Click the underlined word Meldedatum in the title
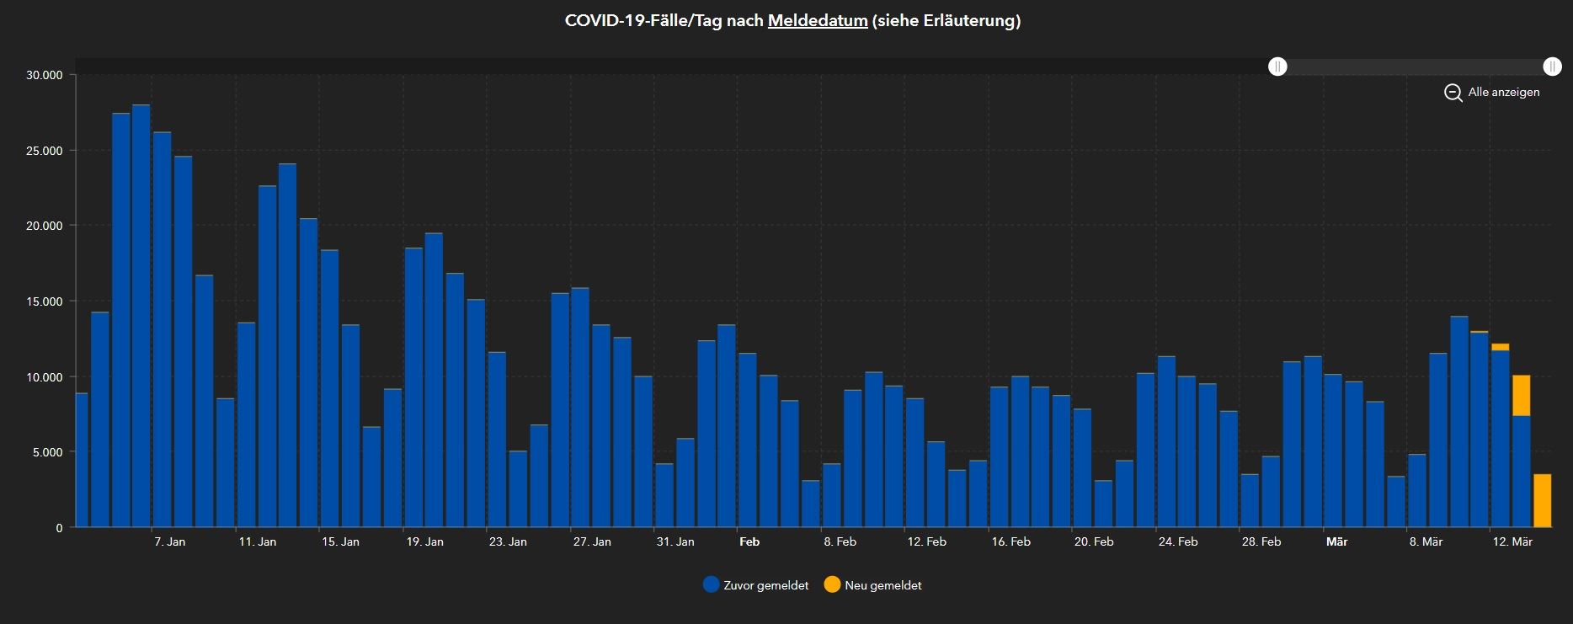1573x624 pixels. pos(817,21)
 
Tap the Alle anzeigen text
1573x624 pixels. pos(1503,93)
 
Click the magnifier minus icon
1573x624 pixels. pos(1453,93)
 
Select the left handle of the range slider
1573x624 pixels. pos(1277,67)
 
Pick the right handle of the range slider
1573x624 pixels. pos(1552,67)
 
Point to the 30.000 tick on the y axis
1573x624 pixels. pos(45,75)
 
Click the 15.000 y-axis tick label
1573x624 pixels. pos(45,301)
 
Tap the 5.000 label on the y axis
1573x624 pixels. pos(47,452)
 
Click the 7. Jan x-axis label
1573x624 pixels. pos(169,541)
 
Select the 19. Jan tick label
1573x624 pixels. pos(424,541)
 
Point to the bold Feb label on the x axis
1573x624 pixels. pos(749,541)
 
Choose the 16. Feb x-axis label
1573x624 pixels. pos(1010,541)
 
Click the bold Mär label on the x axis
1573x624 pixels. pos(1336,541)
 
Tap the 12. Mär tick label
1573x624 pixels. pos(1512,541)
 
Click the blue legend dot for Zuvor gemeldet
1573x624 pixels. pos(711,585)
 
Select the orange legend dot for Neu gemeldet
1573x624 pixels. pos(832,585)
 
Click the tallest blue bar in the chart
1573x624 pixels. pos(141,316)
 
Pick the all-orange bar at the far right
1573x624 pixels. pos(1542,501)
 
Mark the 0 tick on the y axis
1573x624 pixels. pos(59,528)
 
